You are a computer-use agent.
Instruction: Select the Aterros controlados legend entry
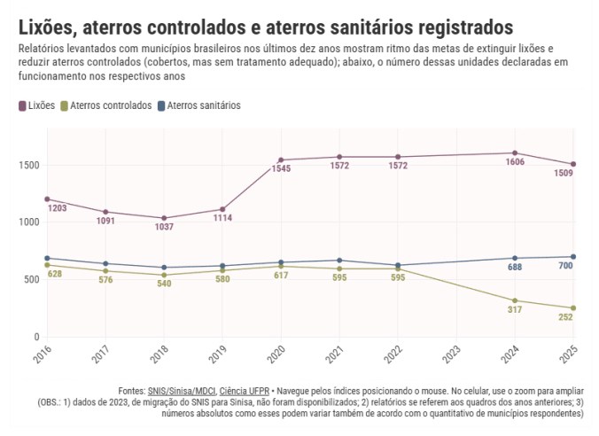[105, 105]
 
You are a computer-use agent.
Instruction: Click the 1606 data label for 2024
[515, 163]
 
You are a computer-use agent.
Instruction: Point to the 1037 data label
[164, 228]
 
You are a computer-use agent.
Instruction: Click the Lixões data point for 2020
[281, 160]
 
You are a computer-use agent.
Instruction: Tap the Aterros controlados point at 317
[515, 300]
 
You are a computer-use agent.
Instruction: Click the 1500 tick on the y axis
[27, 166]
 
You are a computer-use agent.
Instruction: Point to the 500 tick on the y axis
[30, 280]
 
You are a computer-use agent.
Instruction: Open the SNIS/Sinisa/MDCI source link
[182, 391]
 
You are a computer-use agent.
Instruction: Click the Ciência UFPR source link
[245, 391]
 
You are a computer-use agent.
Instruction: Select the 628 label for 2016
[55, 274]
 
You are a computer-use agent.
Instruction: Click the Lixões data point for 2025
[573, 164]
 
